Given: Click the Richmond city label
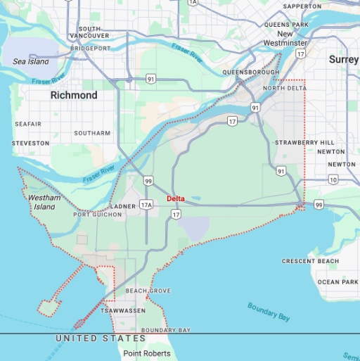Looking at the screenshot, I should (x=73, y=95).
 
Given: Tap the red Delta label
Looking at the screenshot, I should (x=176, y=198).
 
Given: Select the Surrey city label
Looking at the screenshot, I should (x=343, y=60).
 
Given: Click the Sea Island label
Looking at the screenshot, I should (x=30, y=62).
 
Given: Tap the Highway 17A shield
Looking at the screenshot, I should (x=146, y=205).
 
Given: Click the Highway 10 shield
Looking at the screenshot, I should (x=333, y=180).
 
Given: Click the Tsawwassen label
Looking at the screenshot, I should (x=122, y=310).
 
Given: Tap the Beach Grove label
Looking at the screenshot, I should (x=148, y=291).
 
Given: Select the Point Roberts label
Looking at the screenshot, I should (x=147, y=353).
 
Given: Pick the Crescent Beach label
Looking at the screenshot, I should (x=310, y=261).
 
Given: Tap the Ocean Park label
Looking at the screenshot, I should (x=337, y=282).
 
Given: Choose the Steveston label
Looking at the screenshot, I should (x=30, y=143).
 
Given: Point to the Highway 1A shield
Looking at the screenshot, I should (x=193, y=3).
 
